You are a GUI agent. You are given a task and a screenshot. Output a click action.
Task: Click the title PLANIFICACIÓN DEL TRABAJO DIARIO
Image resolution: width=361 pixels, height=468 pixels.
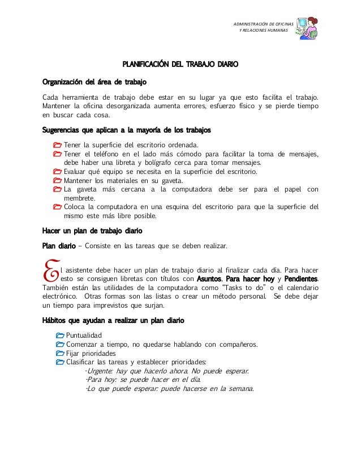180,65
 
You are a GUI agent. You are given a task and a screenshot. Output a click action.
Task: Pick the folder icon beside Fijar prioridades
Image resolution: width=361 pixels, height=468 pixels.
60,354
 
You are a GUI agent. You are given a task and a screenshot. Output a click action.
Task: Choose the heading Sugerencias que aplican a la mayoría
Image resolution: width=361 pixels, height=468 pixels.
127,131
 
